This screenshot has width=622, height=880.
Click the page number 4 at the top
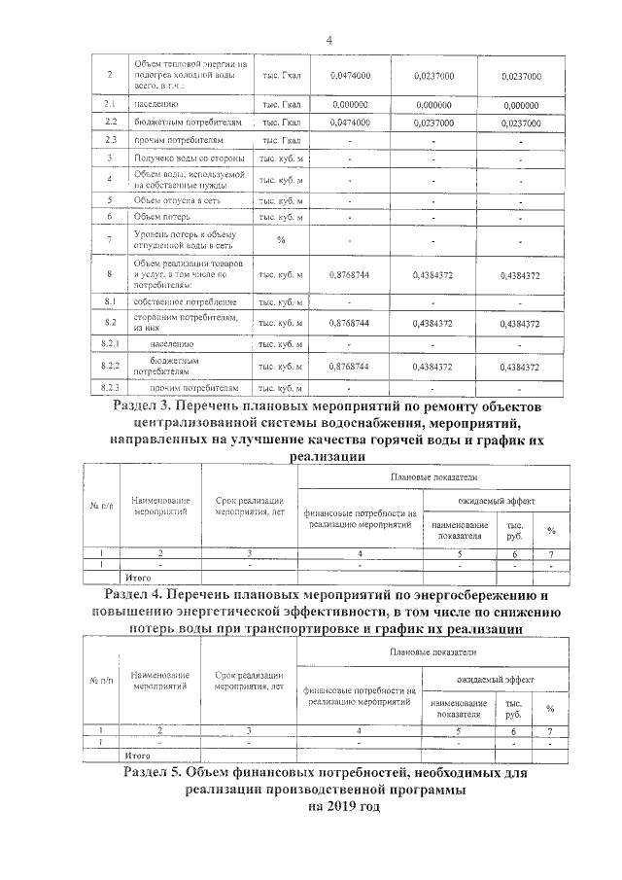[x=328, y=40]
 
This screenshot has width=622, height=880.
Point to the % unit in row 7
[x=281, y=239]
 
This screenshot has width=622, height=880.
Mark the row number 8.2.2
[x=110, y=366]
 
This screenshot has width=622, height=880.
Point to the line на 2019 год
[x=329, y=806]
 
